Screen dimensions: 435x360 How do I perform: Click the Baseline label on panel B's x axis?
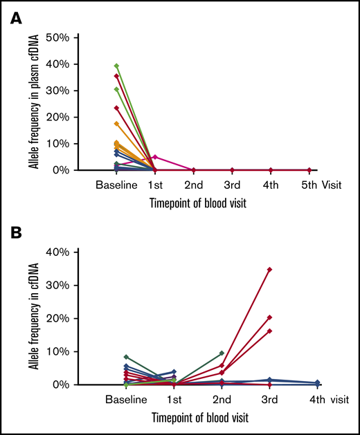(126, 400)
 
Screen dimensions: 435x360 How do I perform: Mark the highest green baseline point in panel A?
(116, 66)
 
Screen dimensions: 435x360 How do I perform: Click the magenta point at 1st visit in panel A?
(155, 157)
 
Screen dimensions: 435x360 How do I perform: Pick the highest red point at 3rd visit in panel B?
(269, 269)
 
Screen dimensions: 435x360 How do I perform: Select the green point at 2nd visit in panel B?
(222, 353)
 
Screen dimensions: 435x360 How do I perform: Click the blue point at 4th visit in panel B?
(317, 382)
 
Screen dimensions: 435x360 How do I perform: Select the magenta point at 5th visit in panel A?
(309, 169)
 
